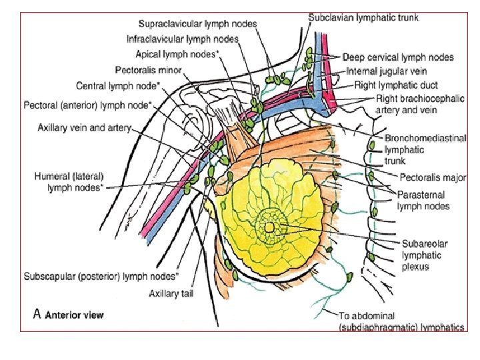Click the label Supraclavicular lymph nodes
click(x=197, y=24)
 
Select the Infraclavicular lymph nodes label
click(x=183, y=39)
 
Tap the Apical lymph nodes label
click(x=176, y=54)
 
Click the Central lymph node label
click(x=118, y=85)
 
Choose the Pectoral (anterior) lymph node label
click(x=88, y=105)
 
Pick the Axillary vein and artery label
click(x=85, y=127)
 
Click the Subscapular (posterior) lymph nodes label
click(x=101, y=275)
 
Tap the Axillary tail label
click(x=171, y=292)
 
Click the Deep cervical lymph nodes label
click(x=398, y=57)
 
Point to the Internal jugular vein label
click(x=387, y=71)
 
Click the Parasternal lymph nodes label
click(x=423, y=201)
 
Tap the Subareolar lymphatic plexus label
click(x=424, y=255)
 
